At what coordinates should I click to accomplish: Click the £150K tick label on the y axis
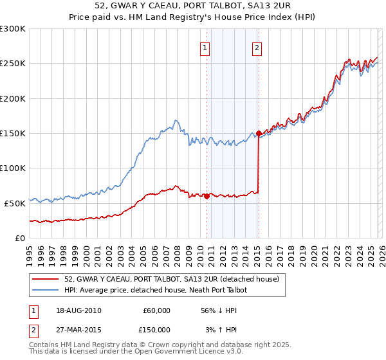[13, 133]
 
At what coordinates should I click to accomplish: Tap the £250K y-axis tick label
[13, 64]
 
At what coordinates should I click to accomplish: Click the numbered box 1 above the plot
[205, 46]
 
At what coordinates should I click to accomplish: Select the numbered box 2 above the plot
[257, 46]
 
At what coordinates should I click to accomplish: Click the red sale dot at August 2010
[207, 197]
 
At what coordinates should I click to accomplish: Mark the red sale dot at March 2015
[259, 134]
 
